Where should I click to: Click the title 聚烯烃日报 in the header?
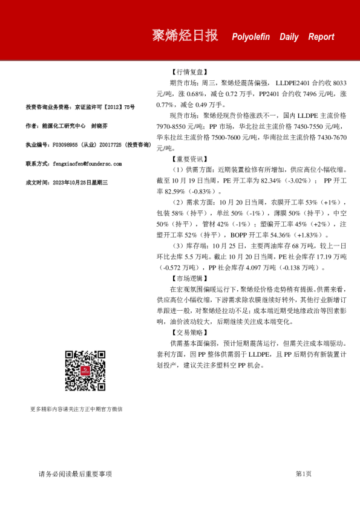[185, 36]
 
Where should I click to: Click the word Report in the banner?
[321, 37]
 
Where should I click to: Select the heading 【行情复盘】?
[189, 71]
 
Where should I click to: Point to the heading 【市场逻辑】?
[189, 279]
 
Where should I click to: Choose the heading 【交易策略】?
[189, 332]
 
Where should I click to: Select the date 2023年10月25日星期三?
[80, 181]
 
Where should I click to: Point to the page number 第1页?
[303, 474]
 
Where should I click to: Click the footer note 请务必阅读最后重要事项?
[75, 474]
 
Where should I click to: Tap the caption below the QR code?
[76, 409]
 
